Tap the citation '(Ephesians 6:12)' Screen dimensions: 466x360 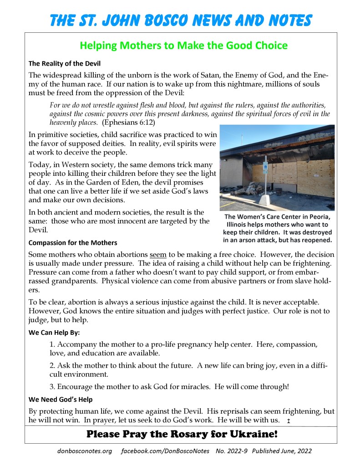pos(128,123)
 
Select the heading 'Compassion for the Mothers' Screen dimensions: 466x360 pos(73,243)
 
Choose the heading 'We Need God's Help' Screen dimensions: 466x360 pos(61,399)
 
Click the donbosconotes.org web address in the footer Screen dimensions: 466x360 pos(85,451)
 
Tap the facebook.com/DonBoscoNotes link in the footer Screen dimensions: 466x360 pos(165,451)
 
